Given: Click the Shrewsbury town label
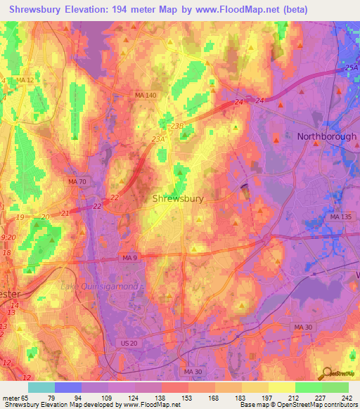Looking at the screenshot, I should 178,199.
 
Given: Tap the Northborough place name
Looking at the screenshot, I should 326,136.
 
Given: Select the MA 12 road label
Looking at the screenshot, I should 25,81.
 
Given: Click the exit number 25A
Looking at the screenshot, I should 352,67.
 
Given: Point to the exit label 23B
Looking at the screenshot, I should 176,126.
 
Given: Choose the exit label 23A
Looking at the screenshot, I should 158,139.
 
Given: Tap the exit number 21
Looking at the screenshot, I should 66,212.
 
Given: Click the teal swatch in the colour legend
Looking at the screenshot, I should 41,387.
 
